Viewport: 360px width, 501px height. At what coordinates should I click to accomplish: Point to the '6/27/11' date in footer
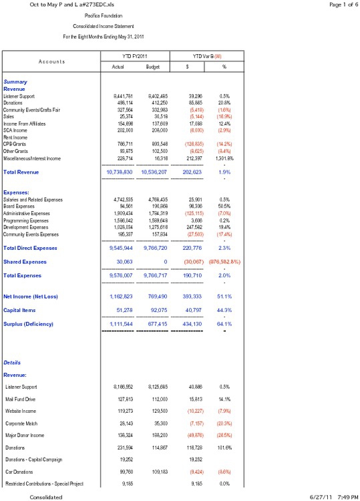click(321, 496)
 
